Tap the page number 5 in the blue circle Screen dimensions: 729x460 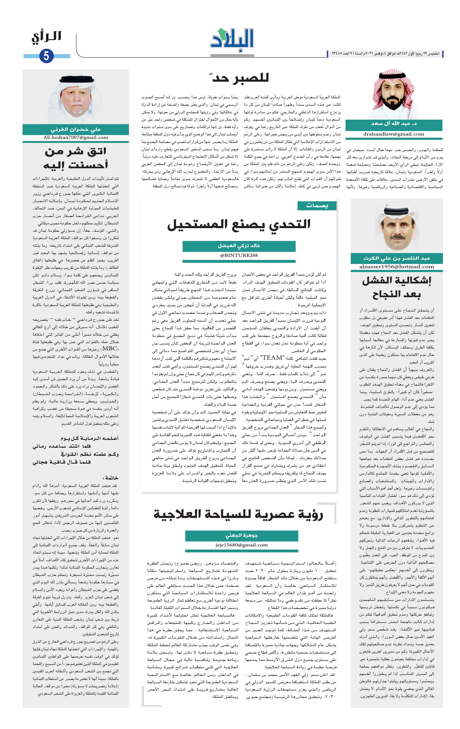[x=46, y=56]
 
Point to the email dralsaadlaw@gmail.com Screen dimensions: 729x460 [x=394, y=134]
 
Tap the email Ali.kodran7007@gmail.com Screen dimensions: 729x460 [x=76, y=137]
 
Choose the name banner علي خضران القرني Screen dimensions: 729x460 [x=76, y=129]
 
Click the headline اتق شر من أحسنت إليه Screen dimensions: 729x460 [x=76, y=158]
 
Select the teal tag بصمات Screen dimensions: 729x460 [x=317, y=206]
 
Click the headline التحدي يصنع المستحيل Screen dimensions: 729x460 [x=239, y=224]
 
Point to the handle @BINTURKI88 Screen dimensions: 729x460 [x=239, y=255]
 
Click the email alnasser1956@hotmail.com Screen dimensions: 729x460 [x=397, y=267]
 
